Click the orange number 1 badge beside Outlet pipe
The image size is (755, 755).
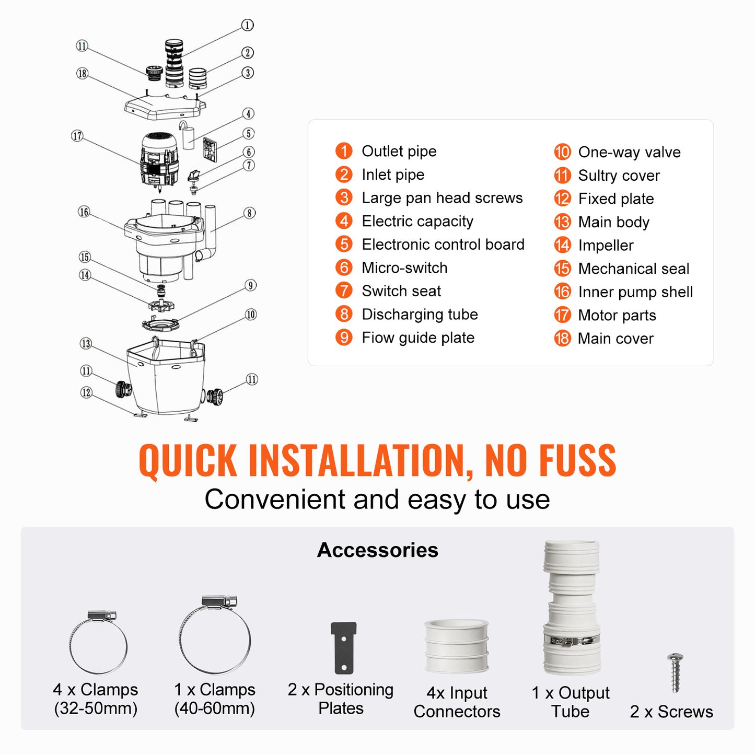click(x=344, y=151)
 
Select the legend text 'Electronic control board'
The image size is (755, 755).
click(x=443, y=245)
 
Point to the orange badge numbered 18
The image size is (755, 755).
click(x=562, y=339)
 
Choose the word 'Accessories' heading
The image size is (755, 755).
click(x=377, y=550)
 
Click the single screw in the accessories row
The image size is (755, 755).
click(x=675, y=672)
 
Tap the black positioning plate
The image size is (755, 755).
click(x=343, y=648)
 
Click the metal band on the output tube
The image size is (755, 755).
click(x=572, y=641)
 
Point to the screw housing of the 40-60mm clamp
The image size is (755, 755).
click(x=219, y=601)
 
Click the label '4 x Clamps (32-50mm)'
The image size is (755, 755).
click(x=96, y=699)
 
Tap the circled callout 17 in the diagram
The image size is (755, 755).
click(x=77, y=136)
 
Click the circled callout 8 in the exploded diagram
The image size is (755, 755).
click(x=250, y=213)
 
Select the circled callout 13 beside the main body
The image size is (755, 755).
click(x=86, y=344)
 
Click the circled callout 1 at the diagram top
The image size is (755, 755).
click(x=247, y=25)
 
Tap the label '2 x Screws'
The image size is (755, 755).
click(x=671, y=712)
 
